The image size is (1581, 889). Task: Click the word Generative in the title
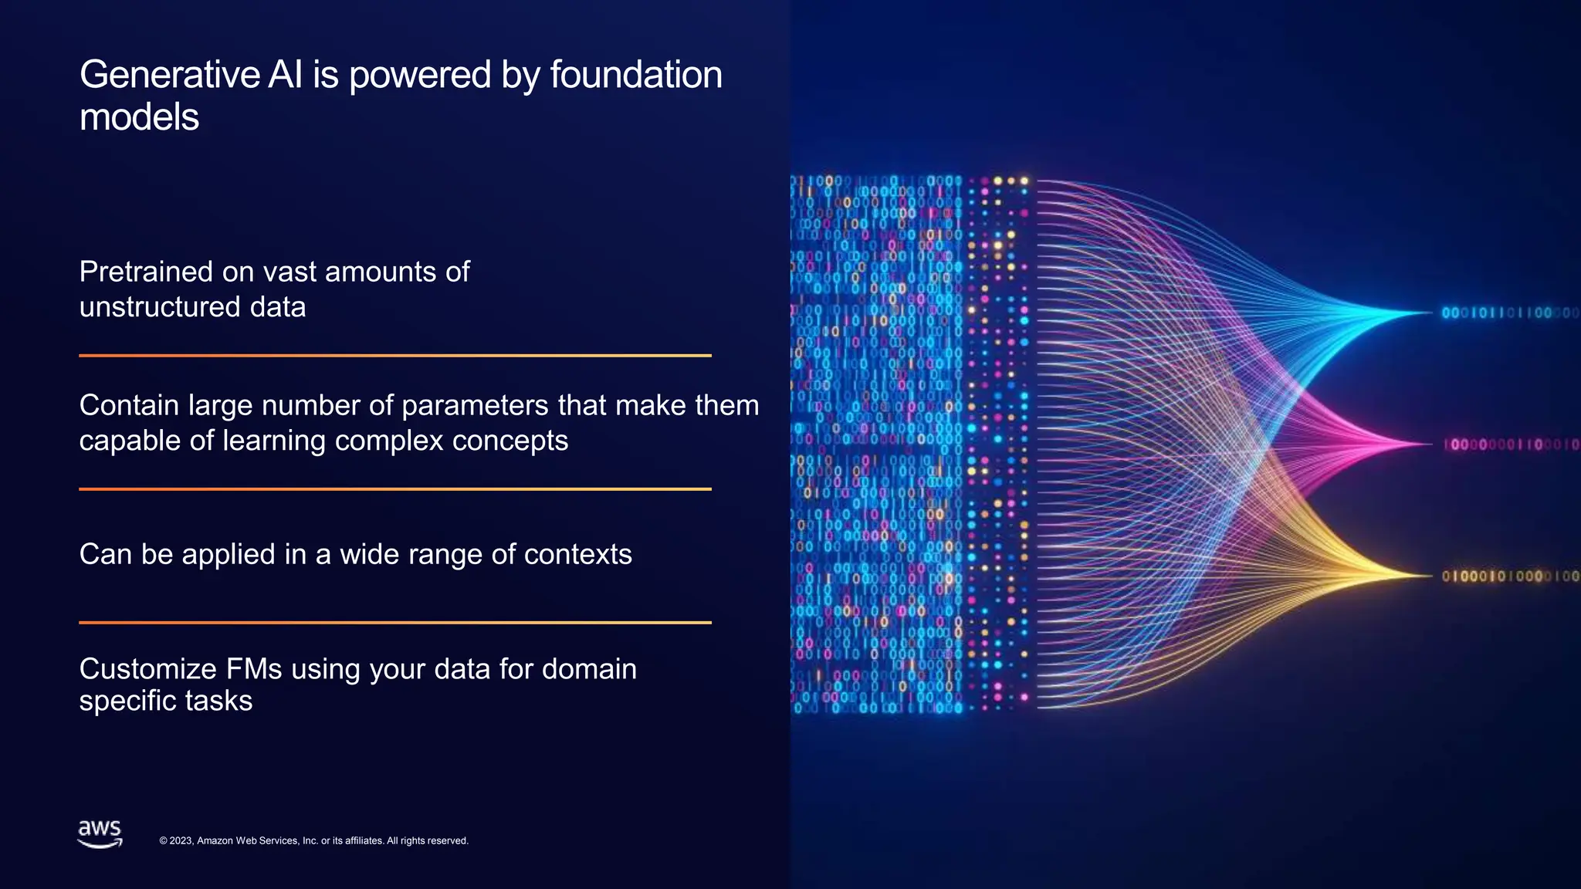pyautogui.click(x=170, y=76)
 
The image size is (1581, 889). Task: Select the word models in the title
pyautogui.click(x=139, y=118)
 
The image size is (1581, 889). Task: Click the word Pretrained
pyautogui.click(x=146, y=272)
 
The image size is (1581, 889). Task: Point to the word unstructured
pyautogui.click(x=160, y=307)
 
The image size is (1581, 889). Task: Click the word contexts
pyautogui.click(x=577, y=554)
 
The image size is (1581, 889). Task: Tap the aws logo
pyautogui.click(x=100, y=834)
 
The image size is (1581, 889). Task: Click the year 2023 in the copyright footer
pyautogui.click(x=181, y=841)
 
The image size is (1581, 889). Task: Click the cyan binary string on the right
pyautogui.click(x=1509, y=313)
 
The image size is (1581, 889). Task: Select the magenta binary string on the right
pyautogui.click(x=1511, y=444)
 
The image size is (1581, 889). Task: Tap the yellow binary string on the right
pyautogui.click(x=1510, y=576)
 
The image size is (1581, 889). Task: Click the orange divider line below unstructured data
pyautogui.click(x=394, y=356)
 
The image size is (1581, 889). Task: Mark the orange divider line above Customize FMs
pyautogui.click(x=394, y=623)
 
